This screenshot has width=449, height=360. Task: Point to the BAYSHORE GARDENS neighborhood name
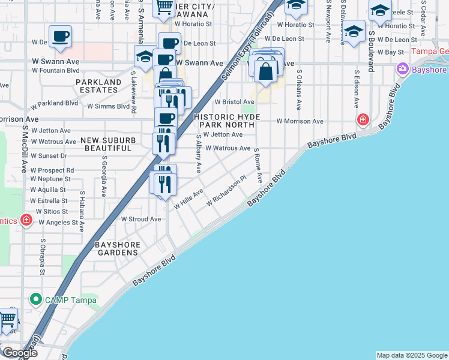pos(118,249)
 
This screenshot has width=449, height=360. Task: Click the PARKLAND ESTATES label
pos(97,86)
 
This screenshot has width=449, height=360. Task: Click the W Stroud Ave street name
pos(141,220)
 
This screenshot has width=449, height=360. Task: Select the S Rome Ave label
pos(258,166)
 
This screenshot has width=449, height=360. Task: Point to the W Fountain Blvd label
pos(56,70)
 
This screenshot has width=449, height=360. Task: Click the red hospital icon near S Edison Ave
pos(363,120)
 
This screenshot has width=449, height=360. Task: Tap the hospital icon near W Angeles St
pos(26,220)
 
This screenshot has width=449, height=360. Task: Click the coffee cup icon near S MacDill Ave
pos(60,36)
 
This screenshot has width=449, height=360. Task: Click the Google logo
pos(19,353)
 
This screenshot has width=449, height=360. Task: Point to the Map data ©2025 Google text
pos(412,355)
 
